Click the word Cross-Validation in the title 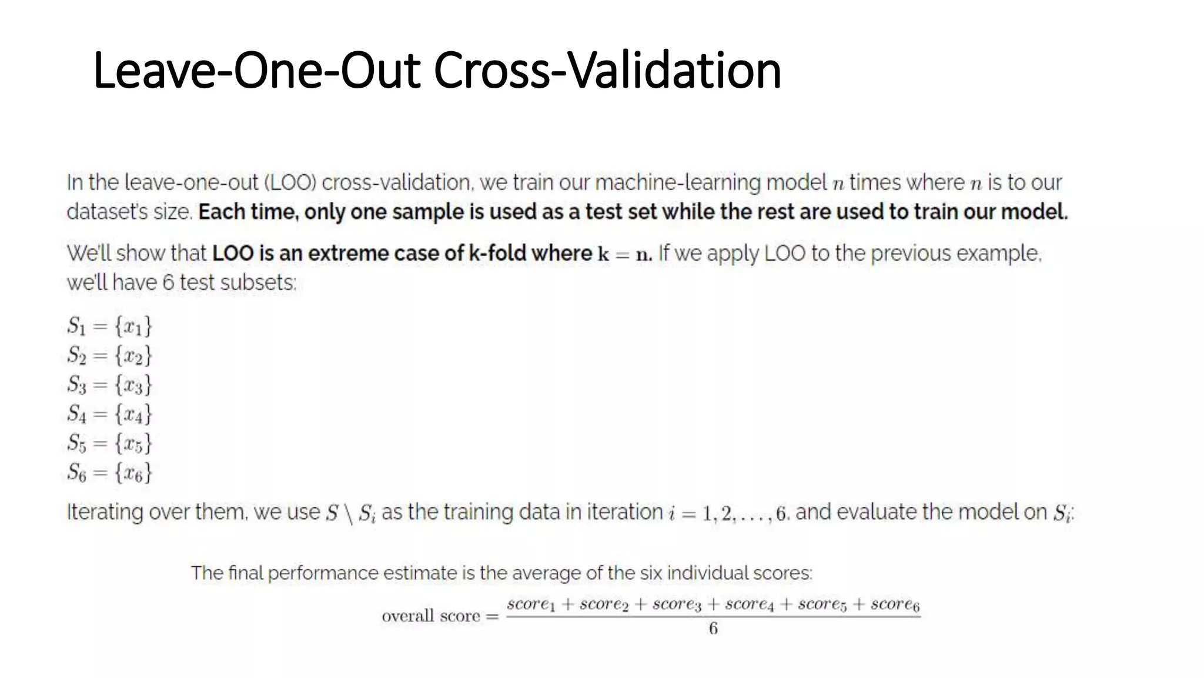[607, 71]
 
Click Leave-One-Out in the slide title [257, 71]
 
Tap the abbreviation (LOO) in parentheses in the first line [290, 183]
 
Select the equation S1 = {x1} [109, 325]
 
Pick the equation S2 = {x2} [109, 355]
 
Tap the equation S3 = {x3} [109, 384]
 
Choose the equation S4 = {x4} [109, 414]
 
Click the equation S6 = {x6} [109, 472]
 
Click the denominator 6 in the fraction [713, 629]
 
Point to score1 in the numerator [531, 604]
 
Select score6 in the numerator [895, 604]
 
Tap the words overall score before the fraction [431, 616]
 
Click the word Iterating [105, 513]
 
